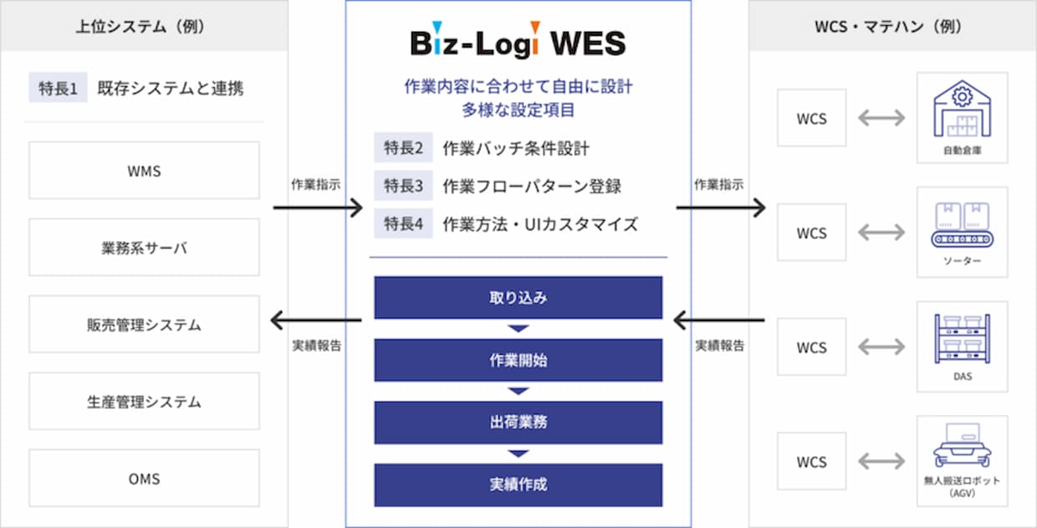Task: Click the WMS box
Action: [144, 171]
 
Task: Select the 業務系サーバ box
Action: [144, 248]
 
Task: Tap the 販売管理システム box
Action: [144, 324]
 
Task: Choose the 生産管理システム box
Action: [144, 401]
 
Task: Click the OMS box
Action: [144, 478]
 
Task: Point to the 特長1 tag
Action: [58, 88]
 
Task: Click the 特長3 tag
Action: [403, 185]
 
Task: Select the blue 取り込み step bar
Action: [518, 297]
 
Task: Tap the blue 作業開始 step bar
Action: [518, 360]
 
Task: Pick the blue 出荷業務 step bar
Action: [518, 423]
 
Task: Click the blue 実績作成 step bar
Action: [518, 485]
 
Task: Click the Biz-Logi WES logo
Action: [518, 40]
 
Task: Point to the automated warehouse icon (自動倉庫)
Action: [962, 110]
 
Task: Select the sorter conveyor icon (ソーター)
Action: [962, 224]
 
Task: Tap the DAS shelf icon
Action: [962, 339]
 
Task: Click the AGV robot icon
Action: [962, 445]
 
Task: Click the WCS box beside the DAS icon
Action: [811, 347]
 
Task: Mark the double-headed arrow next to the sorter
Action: [881, 233]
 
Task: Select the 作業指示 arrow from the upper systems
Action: [318, 208]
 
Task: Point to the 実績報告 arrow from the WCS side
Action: [719, 320]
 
